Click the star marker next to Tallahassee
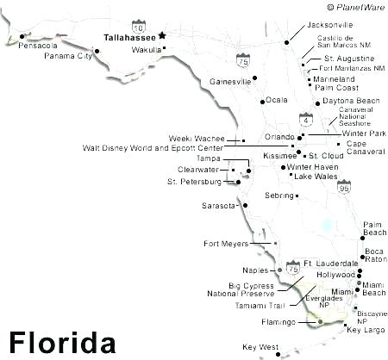click(x=162, y=36)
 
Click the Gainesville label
click(x=230, y=82)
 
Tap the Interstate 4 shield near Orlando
click(x=305, y=117)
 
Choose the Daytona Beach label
click(x=351, y=102)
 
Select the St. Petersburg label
click(x=194, y=182)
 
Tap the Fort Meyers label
click(x=226, y=243)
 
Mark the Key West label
click(x=260, y=347)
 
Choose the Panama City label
click(x=69, y=56)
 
